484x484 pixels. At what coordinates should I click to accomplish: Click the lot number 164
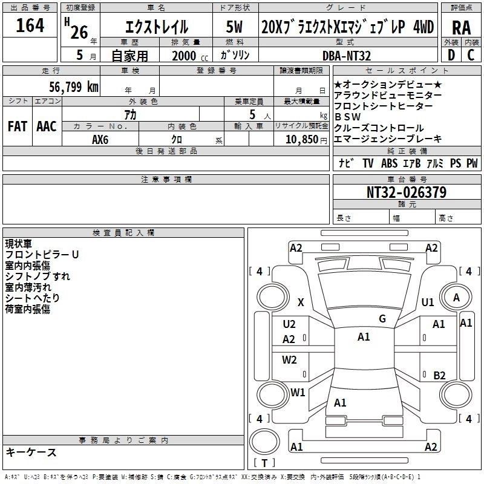[30, 25]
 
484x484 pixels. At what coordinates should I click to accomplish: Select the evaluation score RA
[461, 28]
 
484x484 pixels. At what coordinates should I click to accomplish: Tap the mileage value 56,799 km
[73, 87]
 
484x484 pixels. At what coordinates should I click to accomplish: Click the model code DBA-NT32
[346, 56]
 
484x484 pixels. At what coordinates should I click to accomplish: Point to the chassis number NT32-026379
[407, 192]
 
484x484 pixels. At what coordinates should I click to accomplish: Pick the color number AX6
[100, 140]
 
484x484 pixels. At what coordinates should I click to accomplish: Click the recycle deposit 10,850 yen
[306, 140]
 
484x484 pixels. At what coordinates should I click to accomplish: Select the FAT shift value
[18, 126]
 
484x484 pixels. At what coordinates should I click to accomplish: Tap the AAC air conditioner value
[47, 126]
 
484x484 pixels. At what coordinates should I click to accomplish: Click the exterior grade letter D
[451, 55]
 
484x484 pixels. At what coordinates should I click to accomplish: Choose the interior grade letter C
[471, 55]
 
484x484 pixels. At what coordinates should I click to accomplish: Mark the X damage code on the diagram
[301, 302]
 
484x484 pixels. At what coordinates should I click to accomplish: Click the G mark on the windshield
[382, 319]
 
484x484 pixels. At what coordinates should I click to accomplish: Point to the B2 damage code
[439, 375]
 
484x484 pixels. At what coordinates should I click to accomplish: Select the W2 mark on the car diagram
[289, 359]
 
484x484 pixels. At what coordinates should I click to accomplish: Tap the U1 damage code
[428, 302]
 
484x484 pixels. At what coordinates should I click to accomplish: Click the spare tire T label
[264, 463]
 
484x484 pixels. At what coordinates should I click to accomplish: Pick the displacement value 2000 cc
[190, 56]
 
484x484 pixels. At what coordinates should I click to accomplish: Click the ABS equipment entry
[389, 163]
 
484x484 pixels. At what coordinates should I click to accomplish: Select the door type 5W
[234, 27]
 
